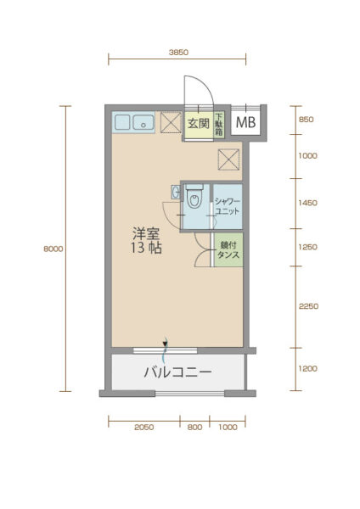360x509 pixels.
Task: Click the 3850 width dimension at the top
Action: tap(178, 53)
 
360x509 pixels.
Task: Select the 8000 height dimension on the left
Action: tap(53, 249)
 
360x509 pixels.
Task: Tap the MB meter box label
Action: tap(245, 122)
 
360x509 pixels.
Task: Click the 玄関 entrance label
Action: tap(199, 123)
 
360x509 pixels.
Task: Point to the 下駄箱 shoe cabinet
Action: tap(219, 125)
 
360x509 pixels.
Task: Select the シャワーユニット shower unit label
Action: tap(228, 206)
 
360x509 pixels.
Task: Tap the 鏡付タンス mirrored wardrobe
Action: tap(228, 250)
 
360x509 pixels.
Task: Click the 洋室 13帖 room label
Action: tap(146, 241)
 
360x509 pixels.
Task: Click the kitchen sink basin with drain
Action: tap(143, 122)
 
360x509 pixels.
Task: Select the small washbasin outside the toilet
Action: tap(176, 193)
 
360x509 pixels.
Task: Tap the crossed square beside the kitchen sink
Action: tap(171, 122)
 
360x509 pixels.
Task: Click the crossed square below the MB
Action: tap(228, 159)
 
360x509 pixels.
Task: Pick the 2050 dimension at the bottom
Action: tap(144, 428)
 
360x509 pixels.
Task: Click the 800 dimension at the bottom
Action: tap(194, 428)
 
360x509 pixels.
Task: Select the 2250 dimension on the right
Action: tap(308, 306)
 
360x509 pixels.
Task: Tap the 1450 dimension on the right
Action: tap(307, 203)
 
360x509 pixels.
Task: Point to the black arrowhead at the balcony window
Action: tap(165, 344)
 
